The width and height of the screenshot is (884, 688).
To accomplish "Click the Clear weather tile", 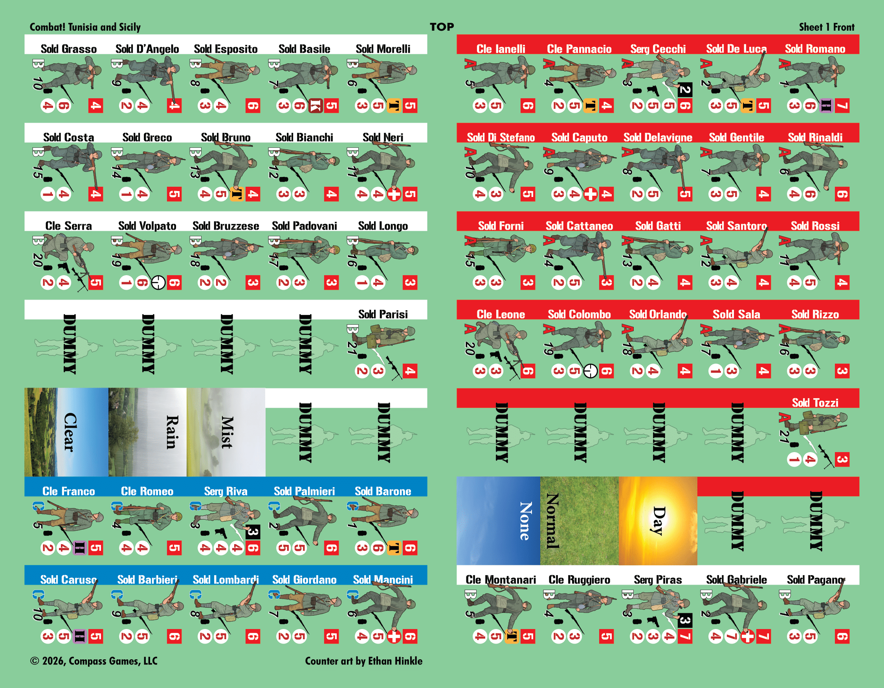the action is (66, 432).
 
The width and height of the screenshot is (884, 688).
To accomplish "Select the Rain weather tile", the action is (147, 432).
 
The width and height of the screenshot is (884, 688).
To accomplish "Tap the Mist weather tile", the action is (226, 432).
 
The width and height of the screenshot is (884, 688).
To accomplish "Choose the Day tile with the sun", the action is (658, 521).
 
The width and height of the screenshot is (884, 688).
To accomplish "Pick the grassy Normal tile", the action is (579, 521).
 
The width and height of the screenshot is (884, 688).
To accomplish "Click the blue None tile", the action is (498, 521).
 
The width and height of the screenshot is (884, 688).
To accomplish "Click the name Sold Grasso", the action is (69, 49).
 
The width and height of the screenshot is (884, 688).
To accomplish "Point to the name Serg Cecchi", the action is (658, 49).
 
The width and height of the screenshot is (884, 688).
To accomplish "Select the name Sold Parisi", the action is (383, 314).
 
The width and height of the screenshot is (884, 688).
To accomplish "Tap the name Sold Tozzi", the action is (815, 403).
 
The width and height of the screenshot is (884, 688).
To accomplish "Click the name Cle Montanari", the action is (501, 579).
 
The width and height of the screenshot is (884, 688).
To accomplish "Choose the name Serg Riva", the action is (226, 491).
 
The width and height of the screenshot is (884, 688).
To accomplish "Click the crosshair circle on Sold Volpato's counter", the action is (158, 283).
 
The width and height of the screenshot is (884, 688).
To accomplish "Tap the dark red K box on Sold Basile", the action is (315, 106).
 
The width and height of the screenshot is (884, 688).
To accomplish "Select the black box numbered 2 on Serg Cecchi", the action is (684, 90).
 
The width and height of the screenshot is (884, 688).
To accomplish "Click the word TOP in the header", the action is (442, 27).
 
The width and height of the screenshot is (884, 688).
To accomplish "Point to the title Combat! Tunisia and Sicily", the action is (85, 27).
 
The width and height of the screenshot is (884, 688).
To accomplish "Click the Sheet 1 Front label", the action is (827, 27).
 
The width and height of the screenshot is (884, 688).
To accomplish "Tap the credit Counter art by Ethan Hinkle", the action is (363, 661).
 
